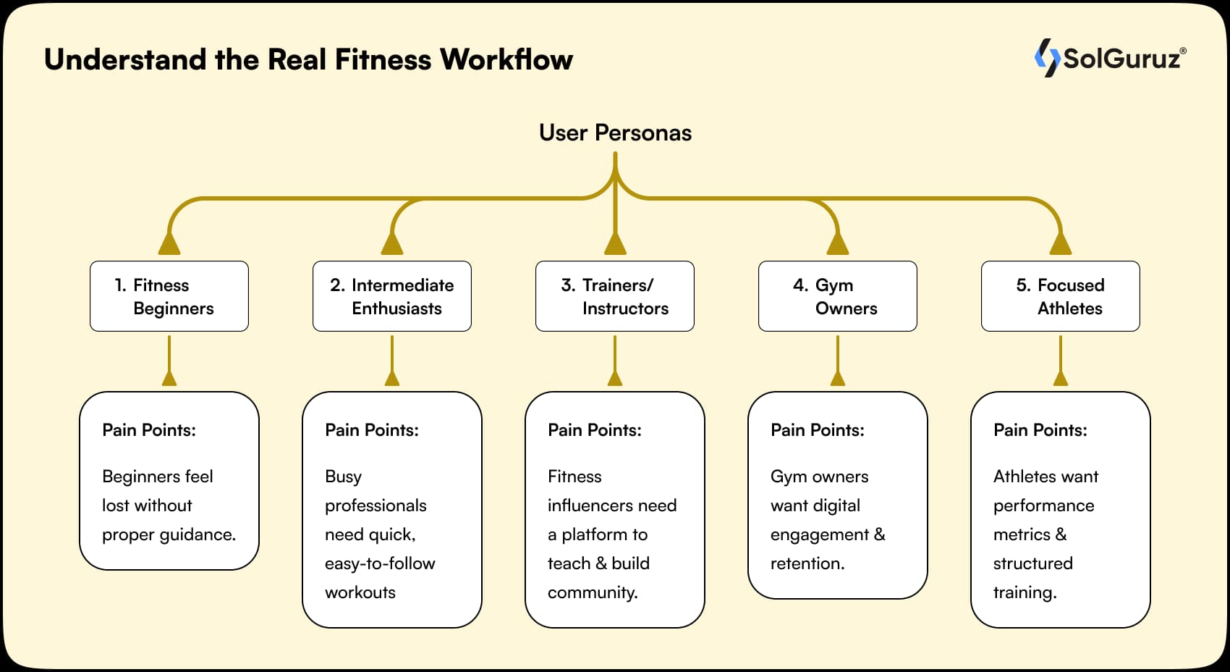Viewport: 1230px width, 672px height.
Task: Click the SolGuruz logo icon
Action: [x=1046, y=57]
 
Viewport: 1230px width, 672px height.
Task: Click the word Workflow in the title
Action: [x=506, y=59]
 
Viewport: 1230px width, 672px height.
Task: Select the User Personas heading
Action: [x=615, y=133]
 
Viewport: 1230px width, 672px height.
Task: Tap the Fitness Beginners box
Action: [x=169, y=296]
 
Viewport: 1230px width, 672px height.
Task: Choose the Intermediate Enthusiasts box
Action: [x=392, y=296]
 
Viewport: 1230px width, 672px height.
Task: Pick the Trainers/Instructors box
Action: [x=615, y=296]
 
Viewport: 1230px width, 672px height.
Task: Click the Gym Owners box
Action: [x=838, y=296]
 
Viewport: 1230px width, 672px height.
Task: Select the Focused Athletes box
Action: [x=1061, y=296]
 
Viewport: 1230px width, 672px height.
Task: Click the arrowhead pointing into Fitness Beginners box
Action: [x=169, y=244]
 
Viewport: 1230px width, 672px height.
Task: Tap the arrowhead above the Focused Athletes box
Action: [x=1061, y=244]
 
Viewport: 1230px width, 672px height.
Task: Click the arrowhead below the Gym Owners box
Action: [x=838, y=378]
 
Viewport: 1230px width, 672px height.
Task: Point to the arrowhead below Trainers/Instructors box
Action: [x=615, y=378]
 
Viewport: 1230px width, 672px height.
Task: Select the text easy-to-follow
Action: [x=380, y=563]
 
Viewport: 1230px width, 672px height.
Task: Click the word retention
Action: [x=807, y=563]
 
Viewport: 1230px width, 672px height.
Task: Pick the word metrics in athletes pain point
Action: [x=1022, y=534]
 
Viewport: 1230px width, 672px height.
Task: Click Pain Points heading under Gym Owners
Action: [x=818, y=430]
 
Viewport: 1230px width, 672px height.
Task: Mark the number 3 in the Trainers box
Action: [x=567, y=285]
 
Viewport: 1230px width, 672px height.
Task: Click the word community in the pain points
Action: [x=592, y=592]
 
